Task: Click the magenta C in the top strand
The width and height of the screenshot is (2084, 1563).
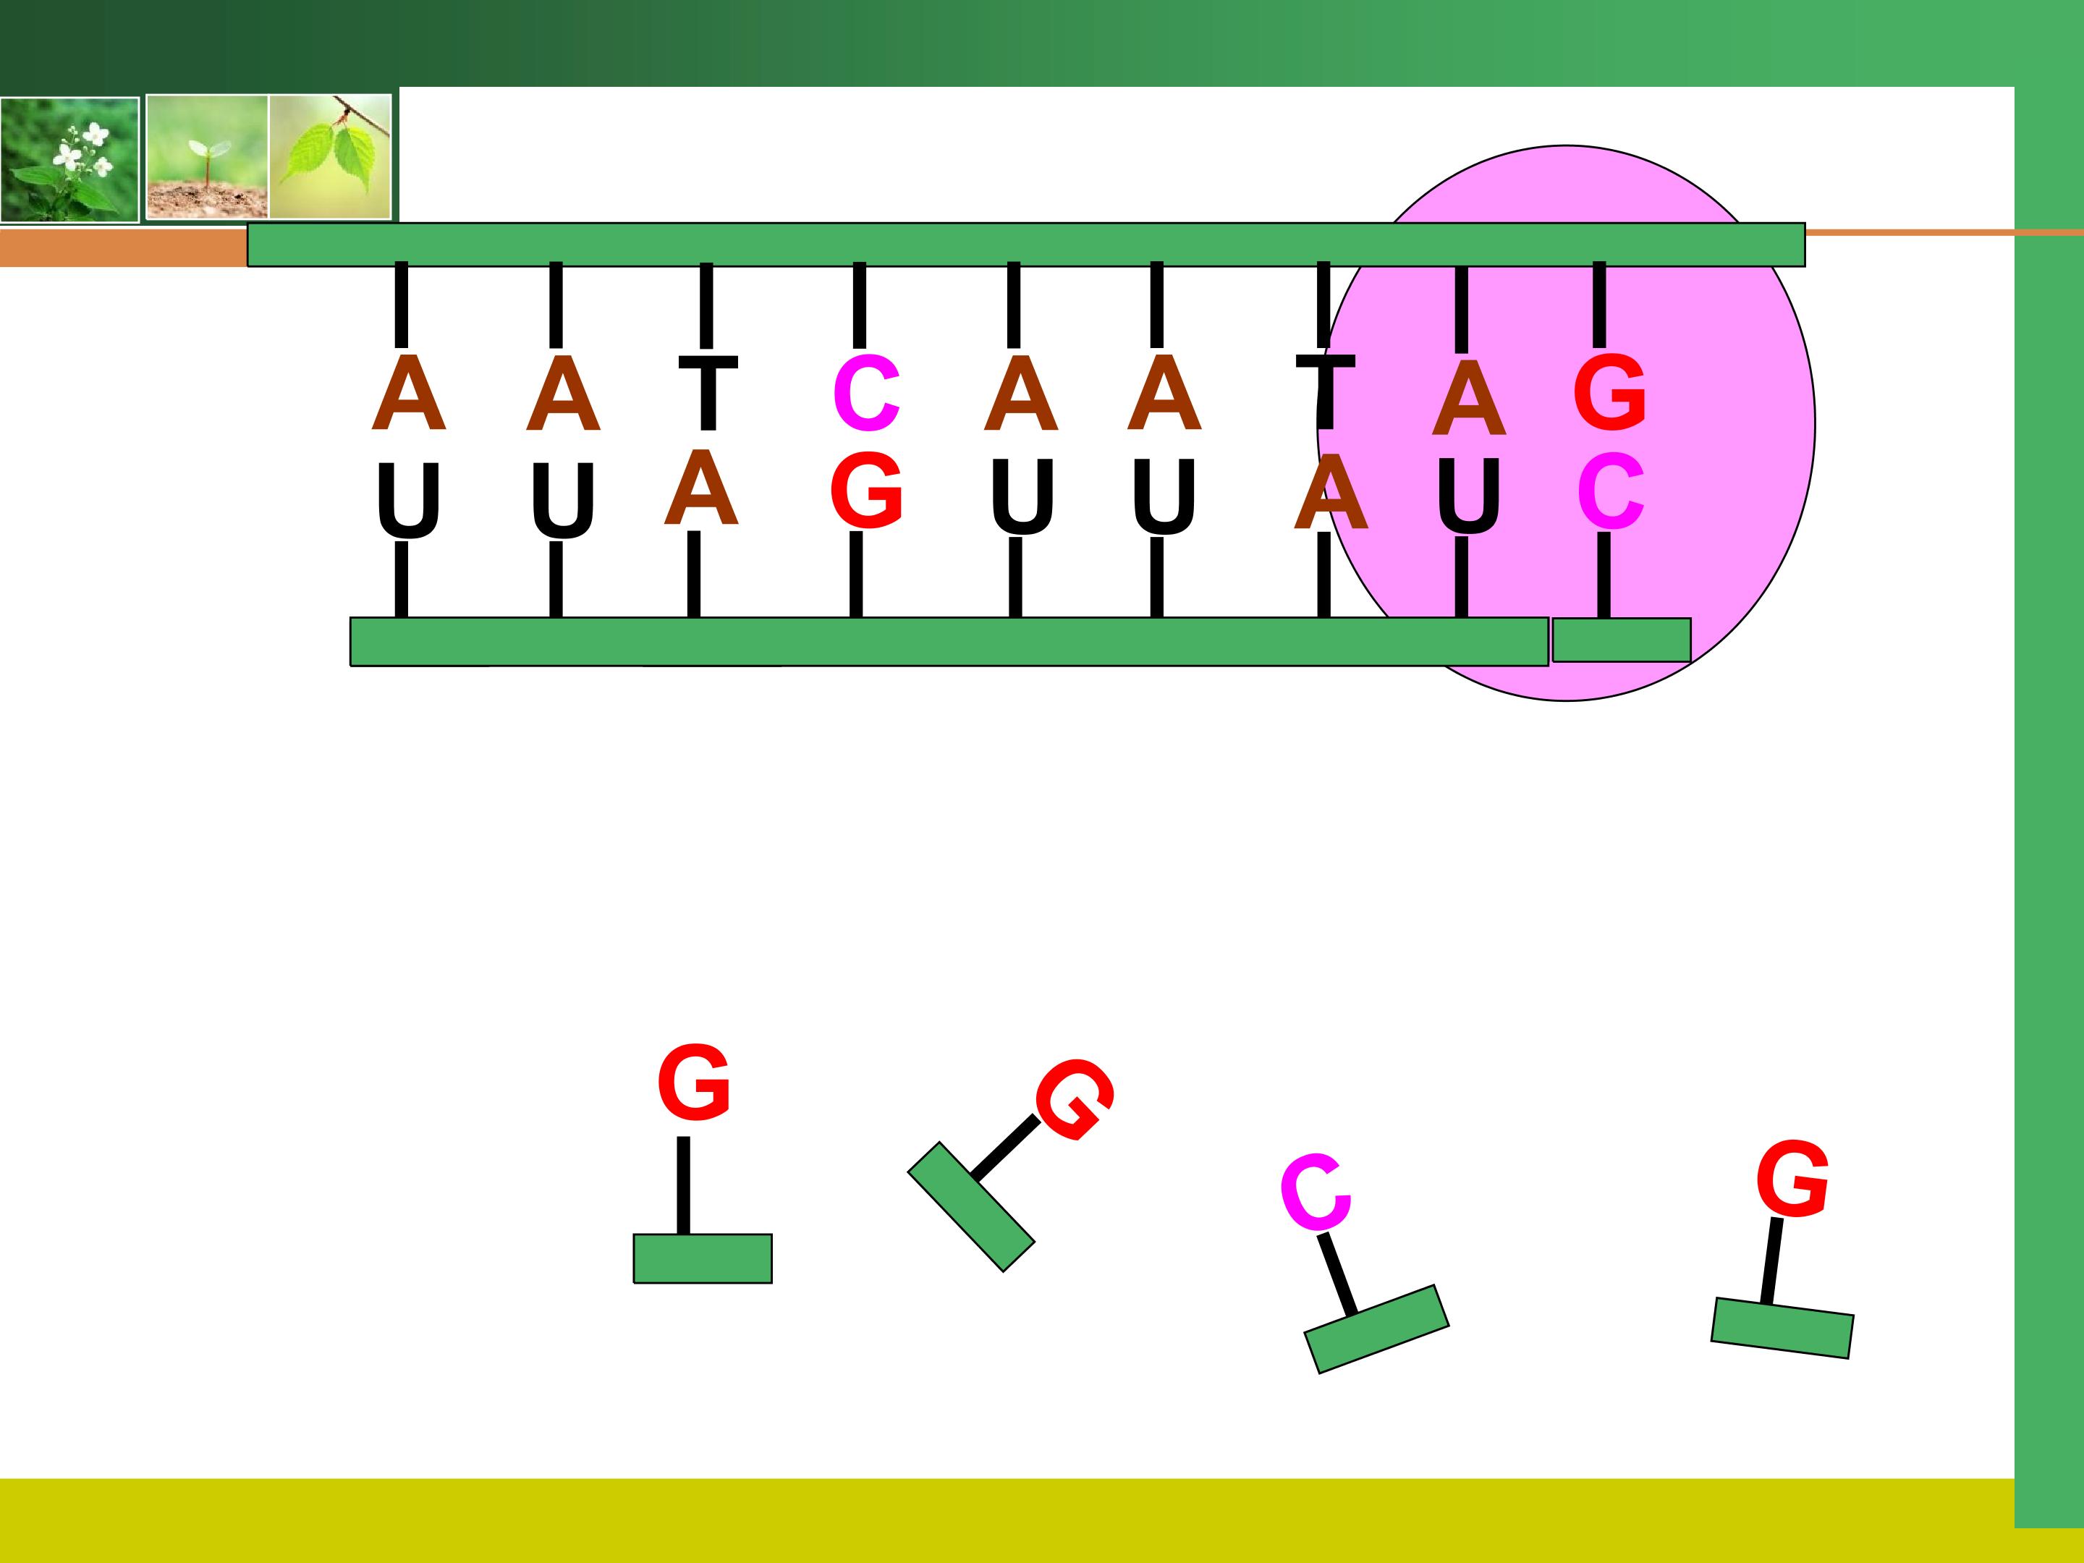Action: (x=866, y=393)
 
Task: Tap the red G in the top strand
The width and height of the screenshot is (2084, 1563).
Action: (x=1609, y=392)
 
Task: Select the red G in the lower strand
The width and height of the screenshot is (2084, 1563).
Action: (x=866, y=490)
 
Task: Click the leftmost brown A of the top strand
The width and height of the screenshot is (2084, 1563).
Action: (x=408, y=393)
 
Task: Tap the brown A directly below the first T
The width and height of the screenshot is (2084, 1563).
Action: (x=701, y=487)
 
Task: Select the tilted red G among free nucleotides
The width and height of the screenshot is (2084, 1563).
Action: (x=1076, y=1098)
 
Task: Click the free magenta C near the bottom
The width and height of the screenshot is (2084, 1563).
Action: (x=1316, y=1192)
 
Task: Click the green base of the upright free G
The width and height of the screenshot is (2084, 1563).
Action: (x=703, y=1258)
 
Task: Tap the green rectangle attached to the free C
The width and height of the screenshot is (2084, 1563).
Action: (x=1376, y=1329)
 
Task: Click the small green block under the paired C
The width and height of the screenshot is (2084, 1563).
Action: (x=1622, y=640)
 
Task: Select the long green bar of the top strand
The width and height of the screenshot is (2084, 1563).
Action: (x=1026, y=245)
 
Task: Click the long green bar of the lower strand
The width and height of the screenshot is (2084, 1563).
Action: (x=949, y=642)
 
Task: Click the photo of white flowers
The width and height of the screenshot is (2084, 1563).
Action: (x=69, y=160)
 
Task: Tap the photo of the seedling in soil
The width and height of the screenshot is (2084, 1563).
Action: (x=207, y=157)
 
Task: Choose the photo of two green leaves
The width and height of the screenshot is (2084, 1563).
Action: (x=331, y=156)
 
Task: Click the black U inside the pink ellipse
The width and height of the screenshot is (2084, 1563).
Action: (x=1469, y=496)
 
